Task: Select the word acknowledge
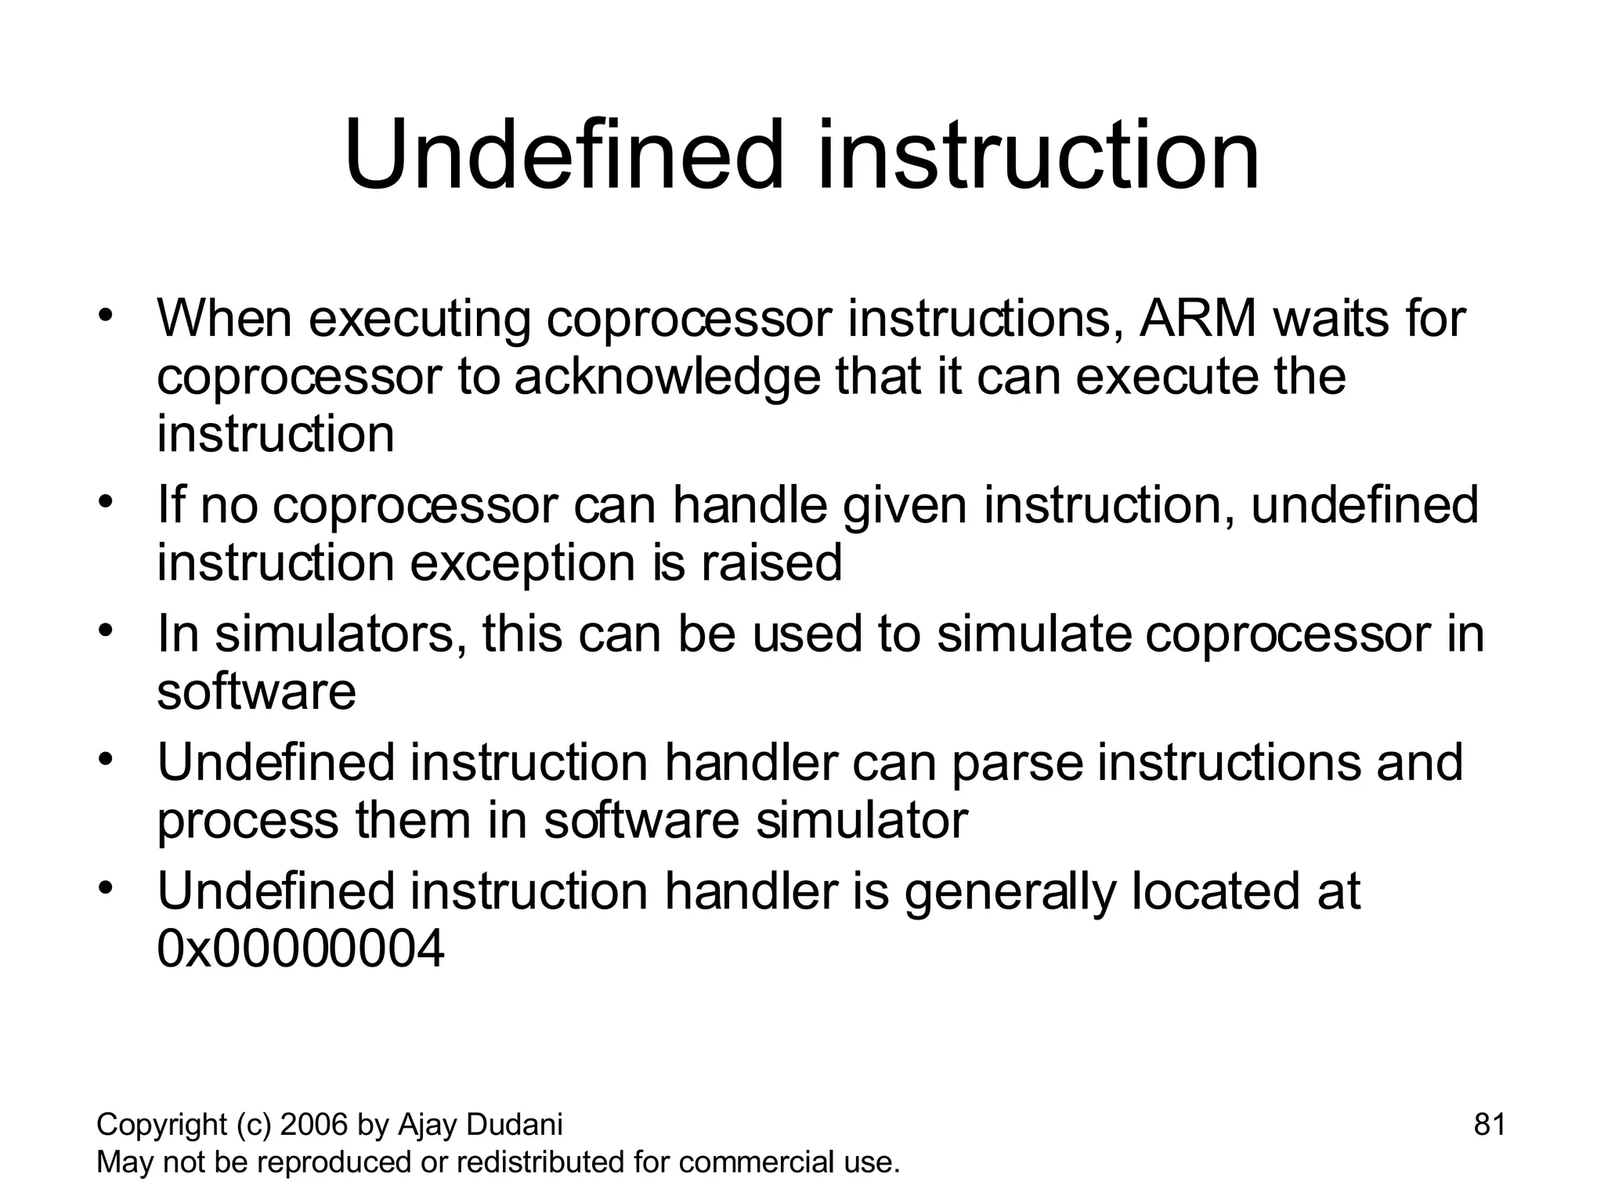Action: click(667, 377)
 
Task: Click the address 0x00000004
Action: click(301, 948)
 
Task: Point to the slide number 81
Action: click(1490, 1124)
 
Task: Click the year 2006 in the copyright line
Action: click(315, 1125)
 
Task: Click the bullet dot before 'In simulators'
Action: click(107, 629)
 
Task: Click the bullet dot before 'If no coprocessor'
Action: click(107, 500)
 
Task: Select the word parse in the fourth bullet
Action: click(1017, 763)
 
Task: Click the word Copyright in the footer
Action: click(161, 1125)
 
